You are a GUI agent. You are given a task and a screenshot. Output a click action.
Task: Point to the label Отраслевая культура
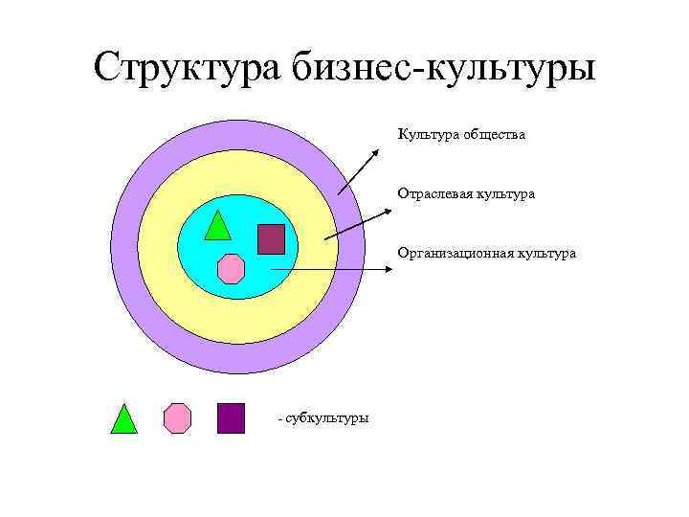coord(466,193)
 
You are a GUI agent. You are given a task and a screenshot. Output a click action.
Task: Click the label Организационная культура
coord(487,254)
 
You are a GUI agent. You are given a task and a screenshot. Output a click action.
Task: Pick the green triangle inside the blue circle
coord(218,227)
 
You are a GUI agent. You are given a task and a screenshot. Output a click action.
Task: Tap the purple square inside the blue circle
coord(271,238)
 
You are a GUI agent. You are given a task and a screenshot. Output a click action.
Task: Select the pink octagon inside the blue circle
coord(231,269)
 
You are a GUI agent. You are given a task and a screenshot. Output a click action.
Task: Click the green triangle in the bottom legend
coord(123,420)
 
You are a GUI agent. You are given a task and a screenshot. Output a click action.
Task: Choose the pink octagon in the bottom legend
coord(177,418)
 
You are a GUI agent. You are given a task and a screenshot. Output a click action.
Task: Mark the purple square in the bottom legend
coord(231,418)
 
